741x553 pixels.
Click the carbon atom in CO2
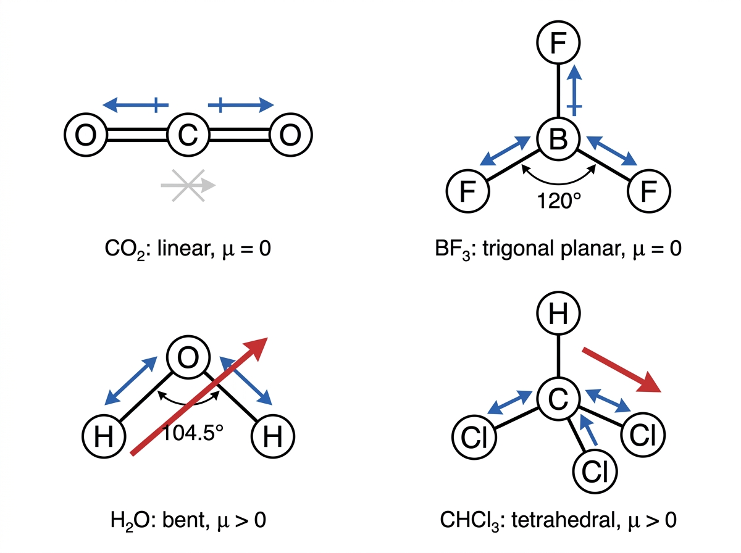click(x=188, y=135)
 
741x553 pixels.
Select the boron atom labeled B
click(x=558, y=139)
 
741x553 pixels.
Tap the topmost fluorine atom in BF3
click(x=558, y=43)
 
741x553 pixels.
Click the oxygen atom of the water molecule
click(x=188, y=357)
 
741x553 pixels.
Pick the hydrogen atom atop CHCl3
click(x=558, y=313)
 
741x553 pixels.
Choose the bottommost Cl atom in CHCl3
click(x=595, y=472)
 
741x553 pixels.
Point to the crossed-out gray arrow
click(x=188, y=185)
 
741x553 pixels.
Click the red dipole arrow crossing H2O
click(x=199, y=396)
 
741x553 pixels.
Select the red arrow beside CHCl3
click(x=621, y=370)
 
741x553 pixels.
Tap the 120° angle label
click(x=559, y=201)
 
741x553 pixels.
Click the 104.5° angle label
click(x=193, y=433)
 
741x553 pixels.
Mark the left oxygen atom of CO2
click(x=86, y=135)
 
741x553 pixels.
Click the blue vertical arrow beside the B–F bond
click(x=574, y=89)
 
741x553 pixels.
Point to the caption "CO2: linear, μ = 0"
click(x=188, y=249)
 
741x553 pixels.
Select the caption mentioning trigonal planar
click(x=558, y=249)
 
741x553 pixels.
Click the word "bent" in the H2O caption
click(x=183, y=520)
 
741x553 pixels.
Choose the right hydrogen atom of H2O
click(x=273, y=436)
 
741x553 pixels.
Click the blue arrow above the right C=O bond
click(x=241, y=104)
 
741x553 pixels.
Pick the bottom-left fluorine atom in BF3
click(x=467, y=191)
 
